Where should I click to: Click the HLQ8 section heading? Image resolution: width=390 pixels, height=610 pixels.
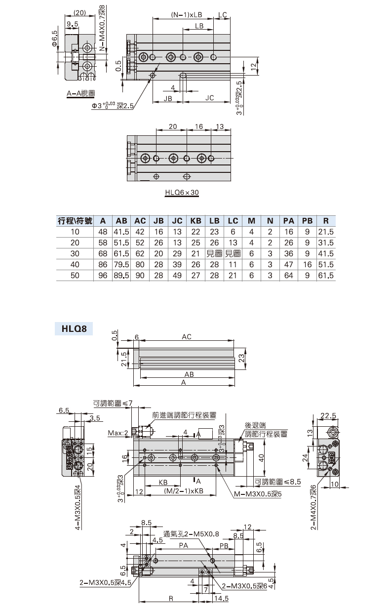coord(74,328)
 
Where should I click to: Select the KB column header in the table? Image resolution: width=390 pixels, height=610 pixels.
coord(195,221)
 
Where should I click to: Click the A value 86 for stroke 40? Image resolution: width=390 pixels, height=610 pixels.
coord(103,264)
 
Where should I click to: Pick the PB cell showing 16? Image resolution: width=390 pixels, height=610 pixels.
coord(307,264)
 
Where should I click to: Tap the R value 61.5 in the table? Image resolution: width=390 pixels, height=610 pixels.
coord(326,275)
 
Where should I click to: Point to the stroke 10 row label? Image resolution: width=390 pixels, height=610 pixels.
coord(75,232)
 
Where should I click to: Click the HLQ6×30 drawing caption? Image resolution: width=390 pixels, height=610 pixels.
coord(182,192)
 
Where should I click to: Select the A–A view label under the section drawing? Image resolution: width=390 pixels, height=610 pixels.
coord(81,93)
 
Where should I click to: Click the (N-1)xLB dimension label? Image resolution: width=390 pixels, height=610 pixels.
coord(187,15)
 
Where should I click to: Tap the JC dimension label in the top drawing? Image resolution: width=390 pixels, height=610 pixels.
coord(209,98)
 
